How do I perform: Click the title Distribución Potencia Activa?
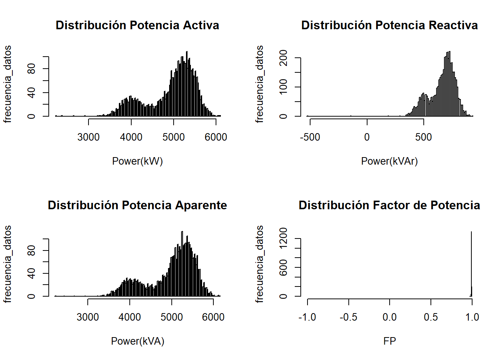137,25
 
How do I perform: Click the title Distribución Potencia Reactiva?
389,25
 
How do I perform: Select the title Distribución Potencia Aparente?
137,205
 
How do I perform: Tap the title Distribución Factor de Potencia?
389,205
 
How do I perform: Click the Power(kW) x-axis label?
137,161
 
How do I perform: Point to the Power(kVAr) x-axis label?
389,161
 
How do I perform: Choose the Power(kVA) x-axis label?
138,341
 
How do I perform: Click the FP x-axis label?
390,341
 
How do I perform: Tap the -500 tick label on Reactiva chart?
310,137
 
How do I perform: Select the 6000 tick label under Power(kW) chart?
216,137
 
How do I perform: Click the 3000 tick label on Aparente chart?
88,317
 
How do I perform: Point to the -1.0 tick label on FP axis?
307,317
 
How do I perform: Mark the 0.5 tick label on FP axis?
431,317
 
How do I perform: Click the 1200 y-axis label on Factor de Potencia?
283,238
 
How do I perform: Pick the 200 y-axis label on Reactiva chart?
283,58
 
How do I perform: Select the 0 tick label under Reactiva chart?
367,137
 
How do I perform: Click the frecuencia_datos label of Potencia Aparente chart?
7,264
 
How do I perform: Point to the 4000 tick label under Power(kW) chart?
131,137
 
